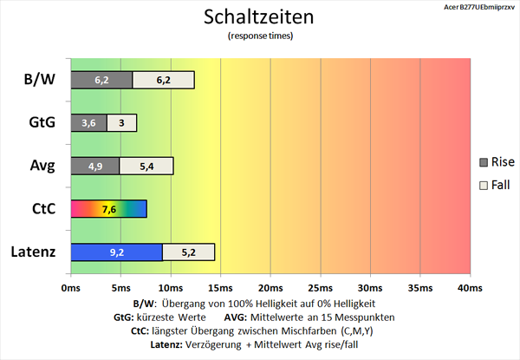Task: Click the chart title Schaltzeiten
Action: click(260, 17)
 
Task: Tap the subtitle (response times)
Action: click(260, 36)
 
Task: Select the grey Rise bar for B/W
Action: click(101, 80)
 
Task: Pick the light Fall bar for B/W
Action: click(163, 80)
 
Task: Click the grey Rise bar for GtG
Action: click(88, 123)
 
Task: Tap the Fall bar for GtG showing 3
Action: click(121, 123)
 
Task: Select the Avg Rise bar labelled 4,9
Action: click(94, 166)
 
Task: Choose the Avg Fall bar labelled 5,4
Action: click(146, 166)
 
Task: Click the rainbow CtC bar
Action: click(108, 209)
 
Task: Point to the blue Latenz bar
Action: click(116, 252)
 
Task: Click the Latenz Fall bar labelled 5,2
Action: click(188, 252)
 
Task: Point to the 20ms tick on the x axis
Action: click(270, 287)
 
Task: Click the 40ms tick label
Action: click(470, 287)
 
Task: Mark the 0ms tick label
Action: click(70, 287)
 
